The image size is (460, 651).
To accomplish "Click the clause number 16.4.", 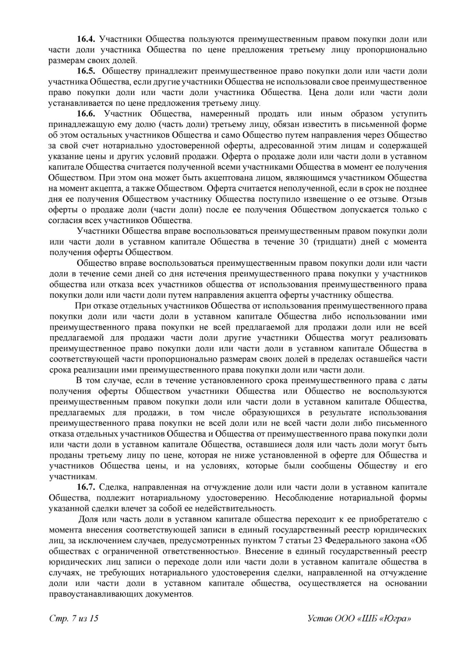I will click(x=86, y=39).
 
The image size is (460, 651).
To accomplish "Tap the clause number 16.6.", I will click(x=86, y=114).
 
